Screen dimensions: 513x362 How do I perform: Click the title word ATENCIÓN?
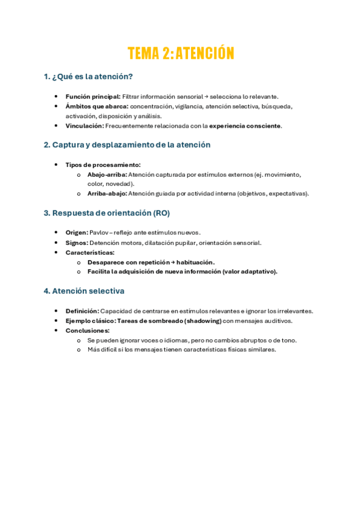205,53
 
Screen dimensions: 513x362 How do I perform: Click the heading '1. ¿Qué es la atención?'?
88,77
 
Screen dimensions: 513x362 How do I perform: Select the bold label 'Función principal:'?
93,96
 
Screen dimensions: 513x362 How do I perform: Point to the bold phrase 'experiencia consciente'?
245,126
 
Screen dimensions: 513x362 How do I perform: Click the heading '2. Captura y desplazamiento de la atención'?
127,145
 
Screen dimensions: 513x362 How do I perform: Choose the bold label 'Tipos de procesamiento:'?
103,165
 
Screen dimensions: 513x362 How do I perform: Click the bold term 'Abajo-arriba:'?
107,174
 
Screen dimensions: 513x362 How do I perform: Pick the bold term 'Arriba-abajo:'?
107,194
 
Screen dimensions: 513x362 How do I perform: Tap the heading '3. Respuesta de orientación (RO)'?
106,213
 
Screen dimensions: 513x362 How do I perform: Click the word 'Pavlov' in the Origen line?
99,233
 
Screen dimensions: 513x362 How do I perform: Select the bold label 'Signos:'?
77,243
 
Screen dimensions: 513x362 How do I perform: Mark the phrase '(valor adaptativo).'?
250,272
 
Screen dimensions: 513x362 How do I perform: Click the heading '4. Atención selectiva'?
84,291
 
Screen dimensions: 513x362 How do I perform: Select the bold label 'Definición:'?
82,311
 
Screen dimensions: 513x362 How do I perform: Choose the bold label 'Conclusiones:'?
88,330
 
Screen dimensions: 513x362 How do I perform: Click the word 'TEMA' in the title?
143,53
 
